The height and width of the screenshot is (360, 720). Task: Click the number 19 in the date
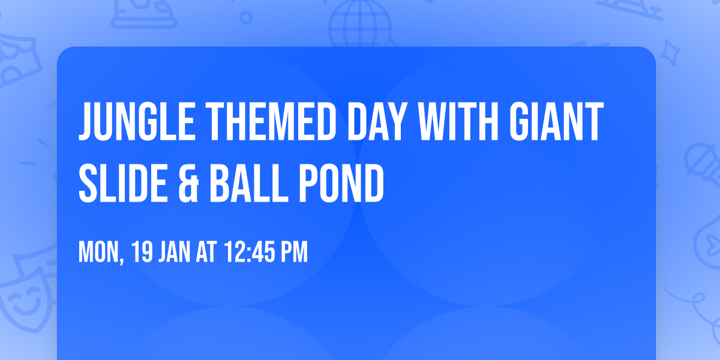click(x=142, y=253)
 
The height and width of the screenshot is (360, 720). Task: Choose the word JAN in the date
click(x=174, y=253)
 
